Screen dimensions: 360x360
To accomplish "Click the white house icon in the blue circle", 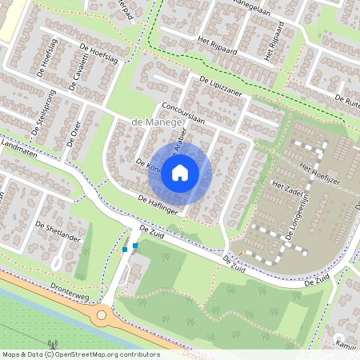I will [180, 171].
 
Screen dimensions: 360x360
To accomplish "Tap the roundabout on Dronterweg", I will [102, 315].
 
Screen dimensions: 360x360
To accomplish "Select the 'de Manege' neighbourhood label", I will [157, 121].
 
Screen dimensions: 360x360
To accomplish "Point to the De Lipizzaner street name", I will [226, 86].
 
